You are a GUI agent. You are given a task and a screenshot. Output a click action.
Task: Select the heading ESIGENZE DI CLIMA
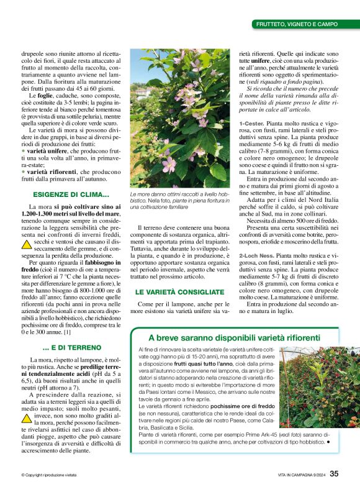tap(69, 194)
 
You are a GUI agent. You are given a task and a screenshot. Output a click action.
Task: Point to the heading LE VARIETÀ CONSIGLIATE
tap(175, 291)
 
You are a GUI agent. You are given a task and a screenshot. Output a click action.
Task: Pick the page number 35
tap(334, 473)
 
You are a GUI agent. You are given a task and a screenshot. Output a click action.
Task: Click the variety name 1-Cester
tap(252, 123)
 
